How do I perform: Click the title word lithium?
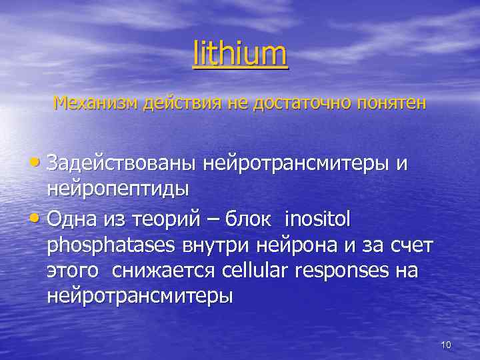click(240, 55)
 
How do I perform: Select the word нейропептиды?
click(118, 189)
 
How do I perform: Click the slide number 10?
click(446, 345)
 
